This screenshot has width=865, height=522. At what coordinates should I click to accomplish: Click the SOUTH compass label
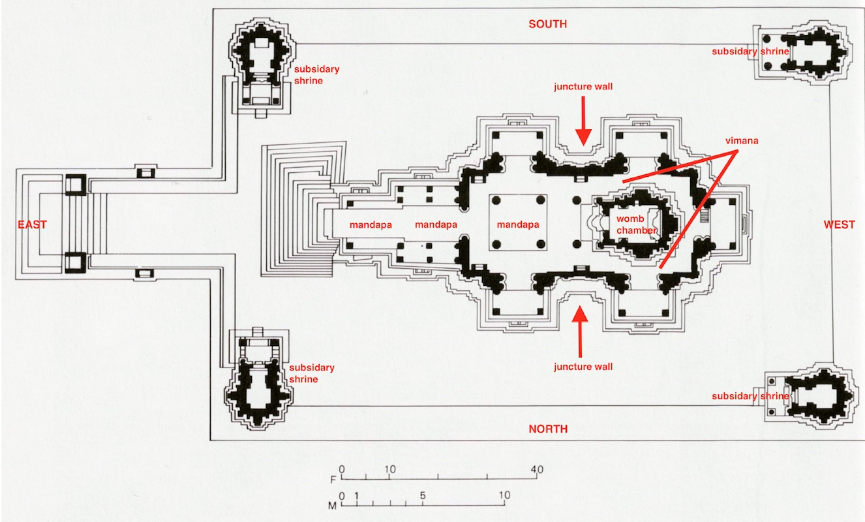pyautogui.click(x=547, y=24)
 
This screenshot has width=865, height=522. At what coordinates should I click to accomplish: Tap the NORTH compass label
pyautogui.click(x=547, y=429)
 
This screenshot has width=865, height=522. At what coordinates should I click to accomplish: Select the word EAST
pyautogui.click(x=32, y=224)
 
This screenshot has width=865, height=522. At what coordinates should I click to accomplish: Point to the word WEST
pyautogui.click(x=839, y=224)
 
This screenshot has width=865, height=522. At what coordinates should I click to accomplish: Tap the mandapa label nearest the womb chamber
pyautogui.click(x=518, y=224)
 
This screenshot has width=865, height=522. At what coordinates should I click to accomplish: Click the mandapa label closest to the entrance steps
pyautogui.click(x=371, y=224)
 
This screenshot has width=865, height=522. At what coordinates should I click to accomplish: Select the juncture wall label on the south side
pyautogui.click(x=583, y=86)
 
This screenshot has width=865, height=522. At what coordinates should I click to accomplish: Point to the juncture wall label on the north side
pyautogui.click(x=583, y=367)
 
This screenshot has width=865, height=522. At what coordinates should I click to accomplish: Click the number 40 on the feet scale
pyautogui.click(x=537, y=470)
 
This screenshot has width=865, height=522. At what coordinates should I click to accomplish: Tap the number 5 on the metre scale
pyautogui.click(x=423, y=495)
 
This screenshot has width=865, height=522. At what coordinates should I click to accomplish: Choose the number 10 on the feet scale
pyautogui.click(x=389, y=470)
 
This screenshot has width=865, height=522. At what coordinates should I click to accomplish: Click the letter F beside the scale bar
pyautogui.click(x=333, y=480)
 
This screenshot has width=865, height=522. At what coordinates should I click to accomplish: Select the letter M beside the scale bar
pyautogui.click(x=333, y=505)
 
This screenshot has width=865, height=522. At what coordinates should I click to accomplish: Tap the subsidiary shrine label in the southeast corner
pyautogui.click(x=316, y=74)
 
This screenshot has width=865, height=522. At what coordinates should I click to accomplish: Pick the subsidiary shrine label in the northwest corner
pyautogui.click(x=750, y=396)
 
